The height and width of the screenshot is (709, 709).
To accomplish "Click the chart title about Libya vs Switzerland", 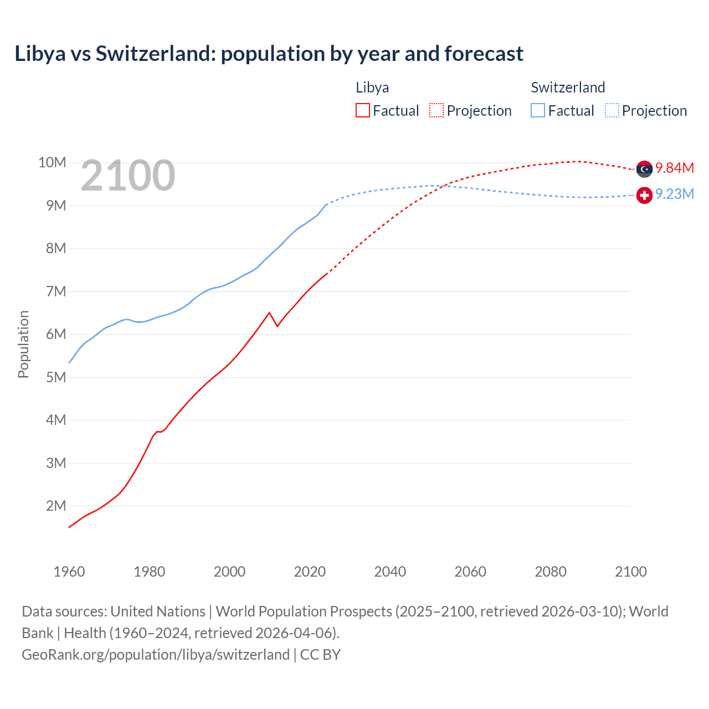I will pyautogui.click(x=269, y=54).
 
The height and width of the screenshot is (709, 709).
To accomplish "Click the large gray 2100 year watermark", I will pyautogui.click(x=128, y=176).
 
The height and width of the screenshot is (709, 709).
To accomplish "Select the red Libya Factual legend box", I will pyautogui.click(x=362, y=111).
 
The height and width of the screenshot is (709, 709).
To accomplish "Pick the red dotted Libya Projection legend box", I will pyautogui.click(x=436, y=111).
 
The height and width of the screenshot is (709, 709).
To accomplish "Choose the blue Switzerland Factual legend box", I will pyautogui.click(x=537, y=111).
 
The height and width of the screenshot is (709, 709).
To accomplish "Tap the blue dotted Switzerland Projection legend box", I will pyautogui.click(x=612, y=111).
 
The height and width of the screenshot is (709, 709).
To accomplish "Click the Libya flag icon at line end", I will pyautogui.click(x=644, y=169).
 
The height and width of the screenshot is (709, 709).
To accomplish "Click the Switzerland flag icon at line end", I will pyautogui.click(x=644, y=196).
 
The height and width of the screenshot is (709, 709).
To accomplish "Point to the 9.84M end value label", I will pyautogui.click(x=674, y=168).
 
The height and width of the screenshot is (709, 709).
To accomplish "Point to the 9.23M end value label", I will pyautogui.click(x=674, y=194).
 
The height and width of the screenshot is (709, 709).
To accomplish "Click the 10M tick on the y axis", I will pyautogui.click(x=52, y=162).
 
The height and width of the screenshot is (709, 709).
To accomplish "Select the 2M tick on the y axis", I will pyautogui.click(x=56, y=506).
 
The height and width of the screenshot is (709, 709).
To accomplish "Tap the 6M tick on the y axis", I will pyautogui.click(x=56, y=334).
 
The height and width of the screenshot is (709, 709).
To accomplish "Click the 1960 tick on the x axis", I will pyautogui.click(x=69, y=572).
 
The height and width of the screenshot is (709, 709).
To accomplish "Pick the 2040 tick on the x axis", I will pyautogui.click(x=390, y=572).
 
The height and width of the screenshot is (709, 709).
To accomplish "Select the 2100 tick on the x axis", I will pyautogui.click(x=630, y=572).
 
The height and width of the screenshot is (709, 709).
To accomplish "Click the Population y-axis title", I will pyautogui.click(x=23, y=344).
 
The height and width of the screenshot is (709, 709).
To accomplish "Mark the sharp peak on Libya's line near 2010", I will pyautogui.click(x=269, y=313).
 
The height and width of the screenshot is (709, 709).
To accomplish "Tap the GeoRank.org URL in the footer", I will pyautogui.click(x=156, y=655).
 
